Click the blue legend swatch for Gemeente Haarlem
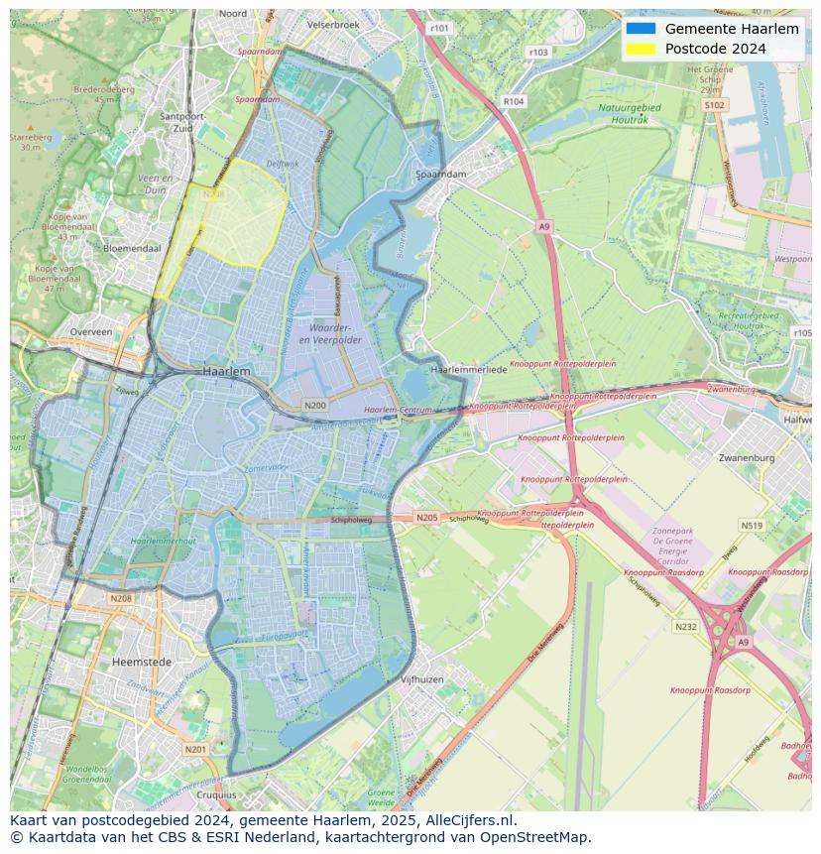pos(641,29)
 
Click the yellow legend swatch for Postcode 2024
pos(641,49)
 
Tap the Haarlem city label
pos(226,370)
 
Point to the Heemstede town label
pos(142,661)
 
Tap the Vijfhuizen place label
pos(421,679)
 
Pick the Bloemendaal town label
pos(131,247)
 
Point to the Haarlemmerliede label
pos(469,369)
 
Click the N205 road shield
pos(426,518)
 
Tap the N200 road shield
pos(315,405)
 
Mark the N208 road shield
pos(121,598)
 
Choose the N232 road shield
pos(685,627)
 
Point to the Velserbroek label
pos(332,23)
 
